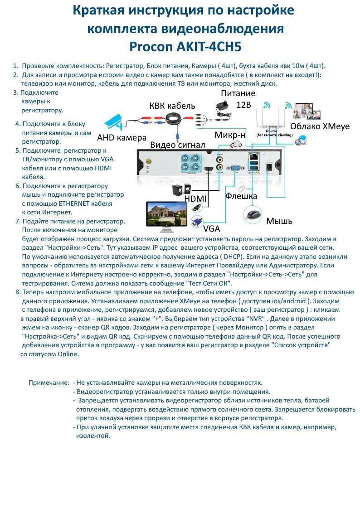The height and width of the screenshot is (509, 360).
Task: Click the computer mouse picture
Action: coord(252,213)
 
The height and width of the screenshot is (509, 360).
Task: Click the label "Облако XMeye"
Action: coord(320,126)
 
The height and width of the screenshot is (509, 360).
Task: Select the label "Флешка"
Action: coord(241,196)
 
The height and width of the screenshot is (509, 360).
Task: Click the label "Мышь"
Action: coord(279,221)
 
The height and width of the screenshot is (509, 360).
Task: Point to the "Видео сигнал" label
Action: coord(177,145)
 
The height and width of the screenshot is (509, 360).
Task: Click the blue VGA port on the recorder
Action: coord(236,169)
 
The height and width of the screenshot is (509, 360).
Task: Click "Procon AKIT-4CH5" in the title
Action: coord(185,47)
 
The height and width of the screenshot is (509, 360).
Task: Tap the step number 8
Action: coord(17,291)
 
